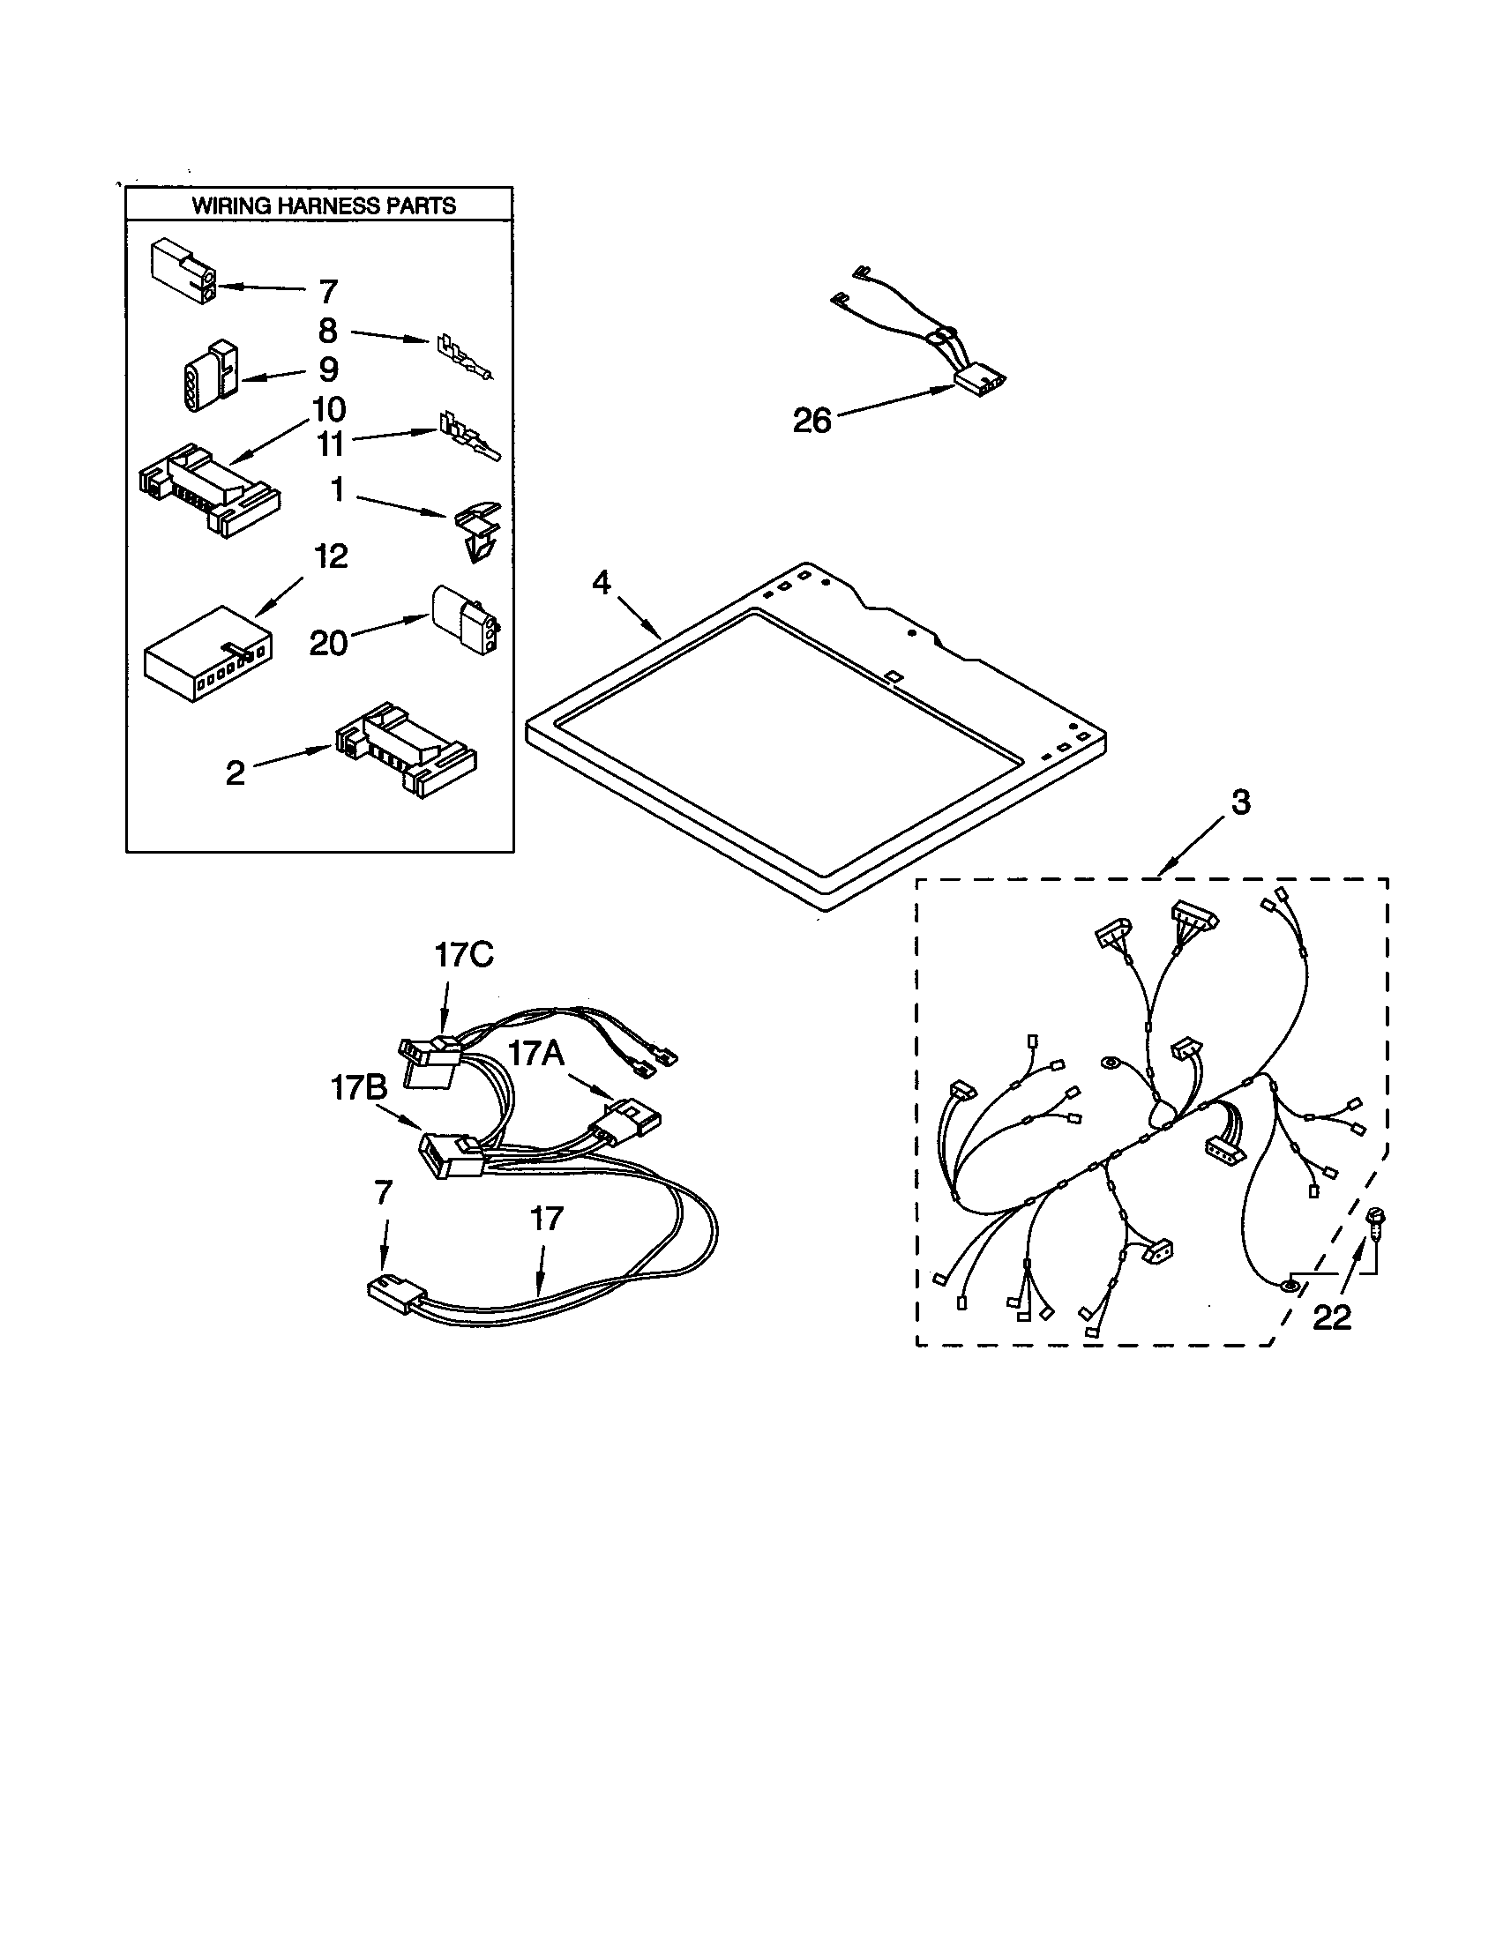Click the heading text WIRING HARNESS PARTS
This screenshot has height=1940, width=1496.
[324, 206]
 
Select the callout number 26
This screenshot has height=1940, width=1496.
[812, 420]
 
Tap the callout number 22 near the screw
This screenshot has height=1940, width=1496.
[1332, 1317]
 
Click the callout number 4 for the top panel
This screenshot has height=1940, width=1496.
[602, 584]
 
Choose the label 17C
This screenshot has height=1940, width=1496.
[464, 956]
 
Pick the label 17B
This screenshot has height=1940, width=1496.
[359, 1088]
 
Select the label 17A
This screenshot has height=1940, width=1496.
[535, 1054]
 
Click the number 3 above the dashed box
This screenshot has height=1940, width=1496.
[1240, 802]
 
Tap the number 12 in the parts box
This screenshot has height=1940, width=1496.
[331, 557]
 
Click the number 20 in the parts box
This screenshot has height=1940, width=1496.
[328, 643]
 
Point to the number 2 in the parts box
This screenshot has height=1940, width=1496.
[235, 772]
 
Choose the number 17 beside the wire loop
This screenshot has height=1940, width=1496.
[546, 1219]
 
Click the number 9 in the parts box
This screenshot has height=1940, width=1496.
[329, 369]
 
